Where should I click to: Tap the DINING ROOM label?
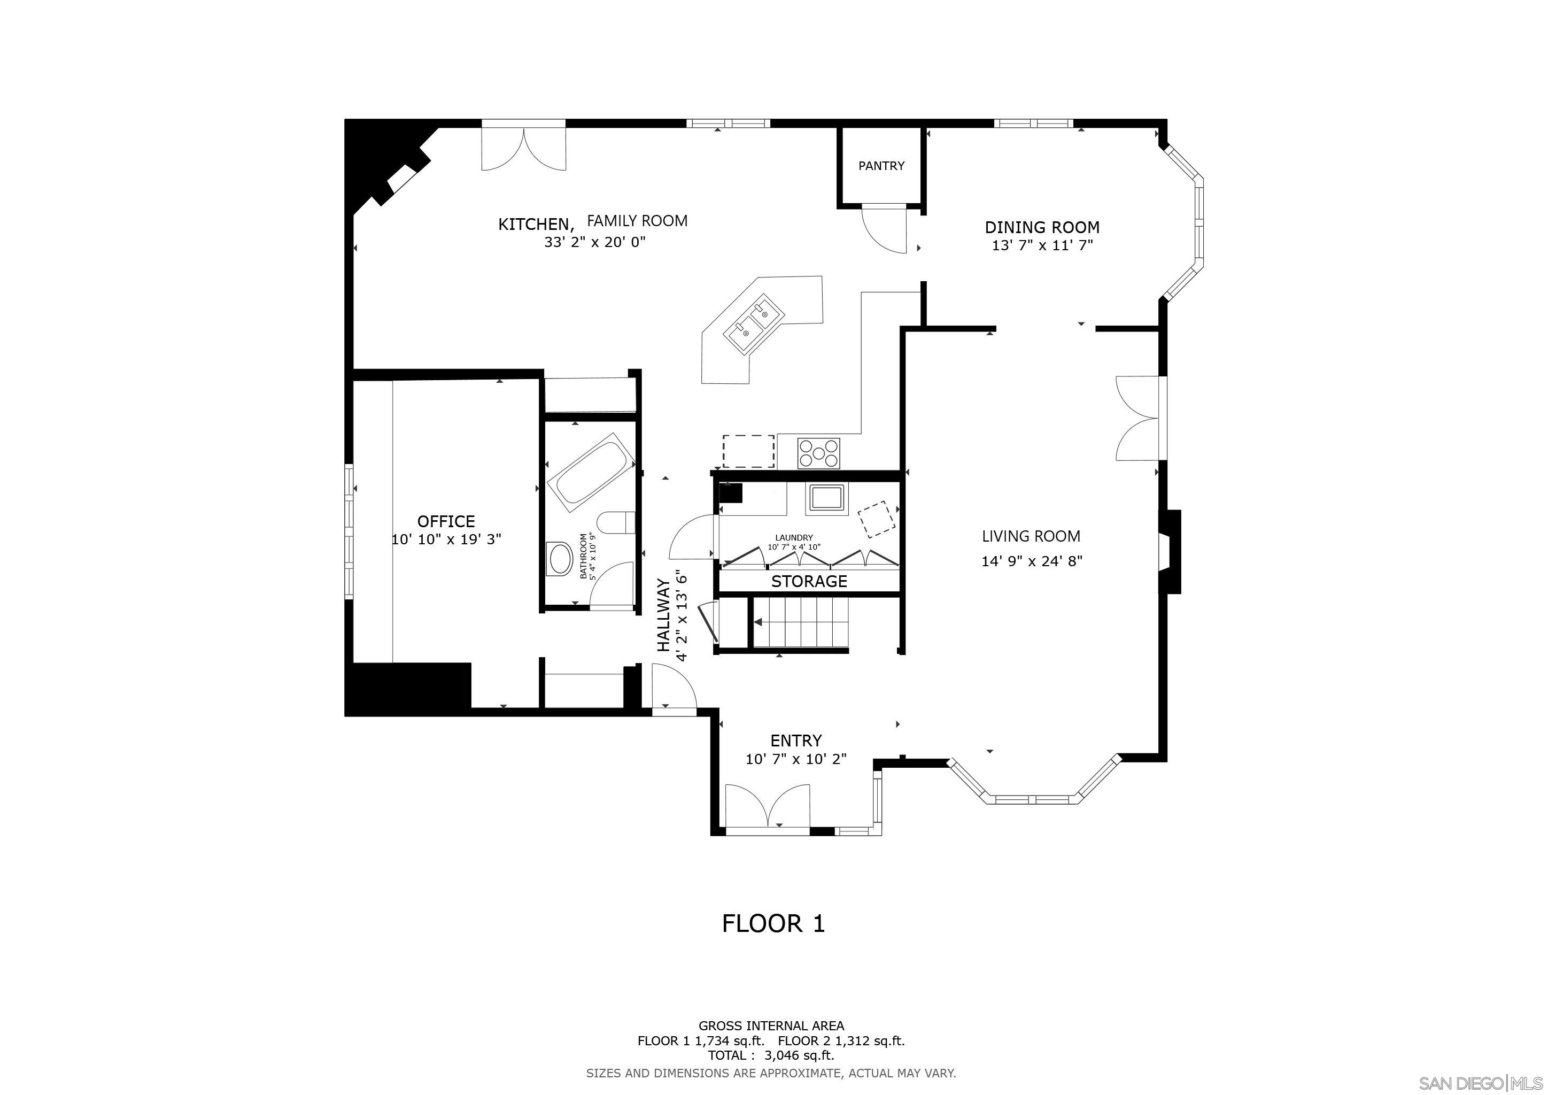(1042, 227)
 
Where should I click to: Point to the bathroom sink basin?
(560, 558)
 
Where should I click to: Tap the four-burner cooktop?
(818, 452)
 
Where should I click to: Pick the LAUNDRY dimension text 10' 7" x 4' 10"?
(794, 547)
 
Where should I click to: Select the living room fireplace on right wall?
(1170, 552)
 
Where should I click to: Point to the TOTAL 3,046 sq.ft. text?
(771, 1055)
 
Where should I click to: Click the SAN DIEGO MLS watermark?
(1480, 1084)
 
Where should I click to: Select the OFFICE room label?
(446, 521)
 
